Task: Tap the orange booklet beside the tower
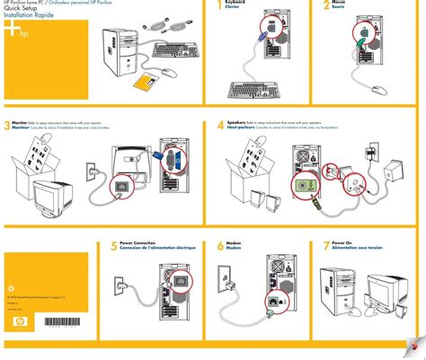point(146,83)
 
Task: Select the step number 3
point(6,127)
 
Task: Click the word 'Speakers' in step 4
point(237,121)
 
